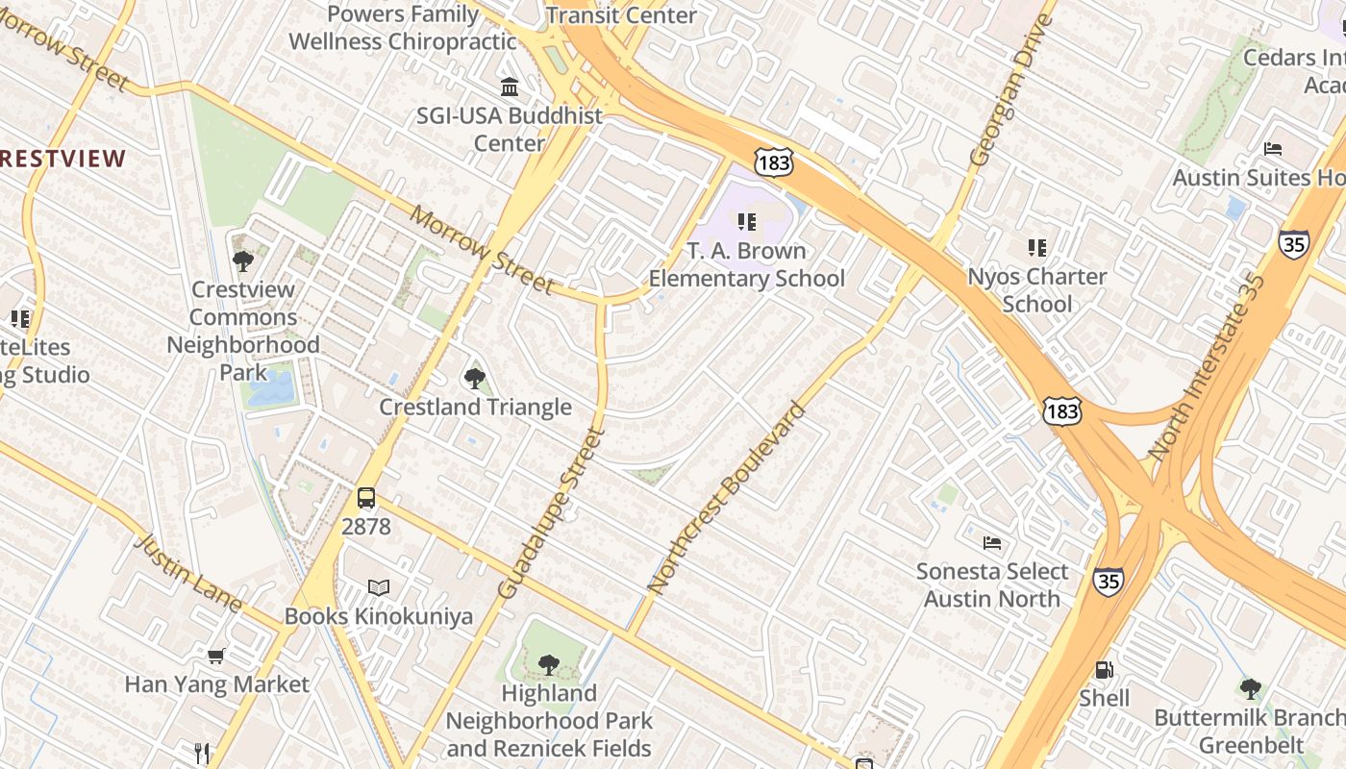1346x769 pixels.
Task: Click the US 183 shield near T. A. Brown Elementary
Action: [774, 162]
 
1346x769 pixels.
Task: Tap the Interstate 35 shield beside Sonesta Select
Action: [1108, 582]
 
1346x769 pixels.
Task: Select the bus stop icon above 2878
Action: [366, 498]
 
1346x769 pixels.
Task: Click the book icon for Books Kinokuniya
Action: [380, 587]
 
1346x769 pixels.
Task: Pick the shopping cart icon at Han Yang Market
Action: [216, 656]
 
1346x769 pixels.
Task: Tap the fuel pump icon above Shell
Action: [1105, 670]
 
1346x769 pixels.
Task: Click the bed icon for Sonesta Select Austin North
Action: [992, 543]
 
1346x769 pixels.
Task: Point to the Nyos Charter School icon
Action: [1036, 248]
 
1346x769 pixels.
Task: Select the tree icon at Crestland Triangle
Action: [474, 378]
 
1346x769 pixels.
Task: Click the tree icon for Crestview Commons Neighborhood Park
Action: [243, 260]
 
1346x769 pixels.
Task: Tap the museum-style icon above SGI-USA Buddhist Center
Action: [510, 87]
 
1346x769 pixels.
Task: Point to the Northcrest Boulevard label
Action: [727, 497]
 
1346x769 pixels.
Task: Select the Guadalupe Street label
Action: [551, 514]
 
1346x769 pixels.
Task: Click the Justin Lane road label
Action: [188, 571]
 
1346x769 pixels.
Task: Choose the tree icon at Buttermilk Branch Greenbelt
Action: [1250, 688]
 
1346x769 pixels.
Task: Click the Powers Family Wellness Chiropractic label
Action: [403, 28]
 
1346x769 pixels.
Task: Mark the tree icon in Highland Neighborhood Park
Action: [548, 663]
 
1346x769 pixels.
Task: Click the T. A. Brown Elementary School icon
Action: [746, 222]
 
